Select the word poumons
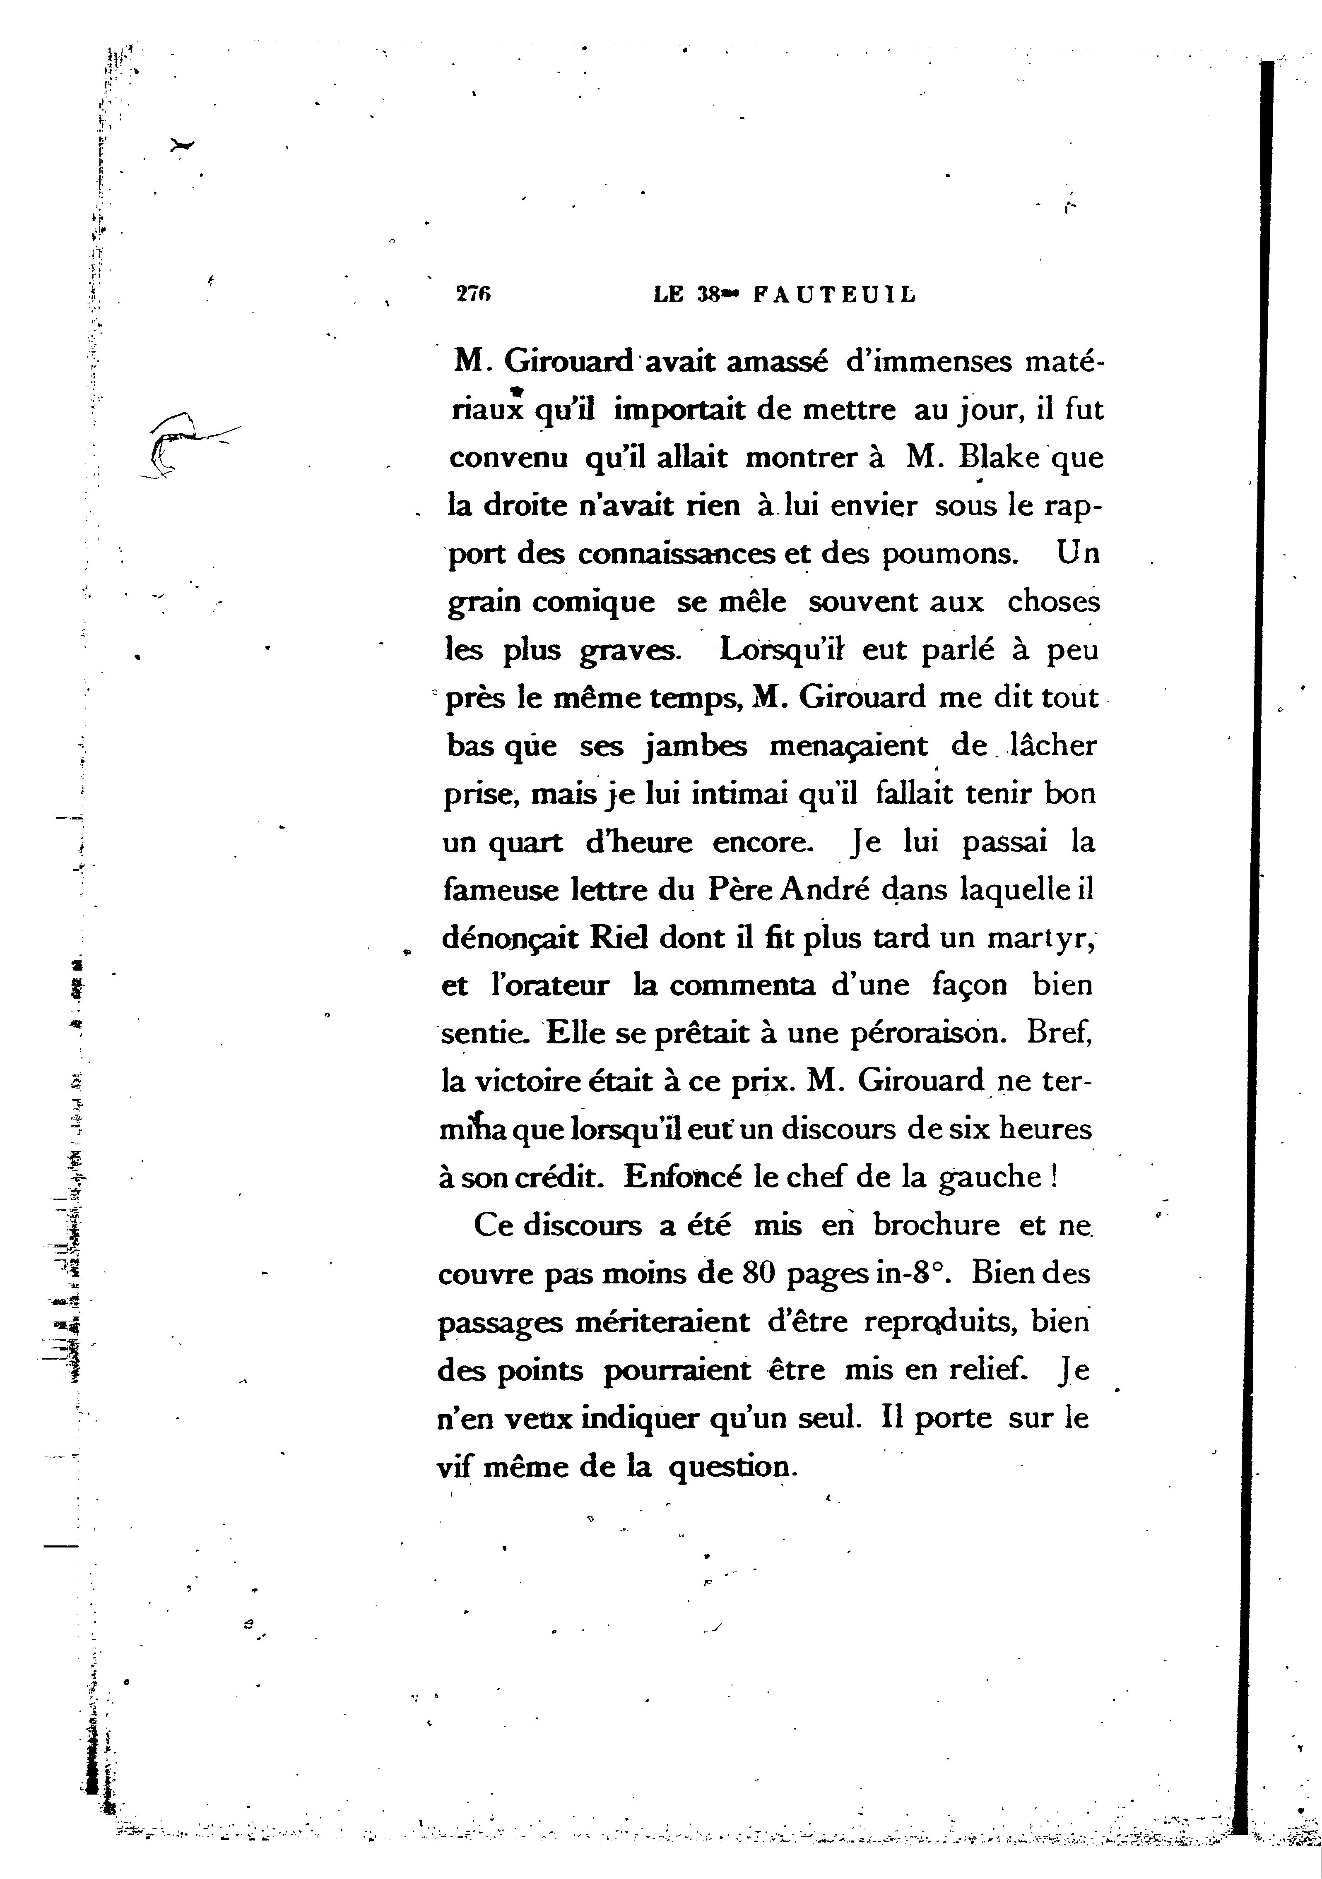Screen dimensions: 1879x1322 949,554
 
